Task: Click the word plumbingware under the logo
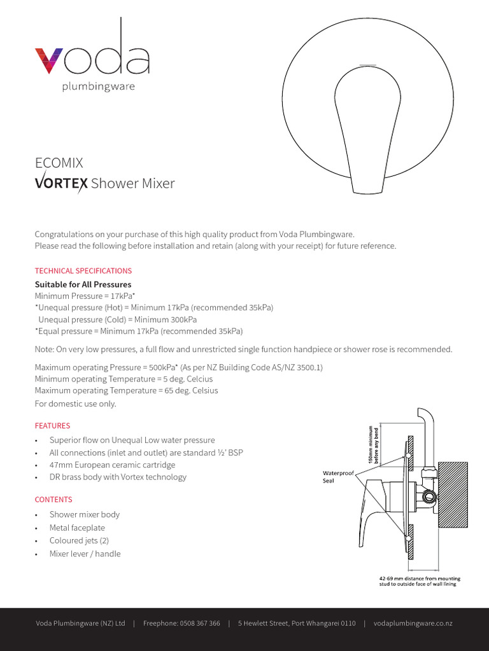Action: point(98,86)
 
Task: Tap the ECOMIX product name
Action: point(59,163)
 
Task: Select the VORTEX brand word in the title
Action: point(61,184)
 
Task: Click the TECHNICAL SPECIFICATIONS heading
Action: point(83,271)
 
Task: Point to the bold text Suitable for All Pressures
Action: point(83,284)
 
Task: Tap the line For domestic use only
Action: point(75,404)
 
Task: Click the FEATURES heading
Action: point(52,426)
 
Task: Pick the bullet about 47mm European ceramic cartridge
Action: point(112,465)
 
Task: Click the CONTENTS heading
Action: point(53,500)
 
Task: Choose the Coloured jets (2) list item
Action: point(80,541)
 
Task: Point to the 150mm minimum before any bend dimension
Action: point(371,444)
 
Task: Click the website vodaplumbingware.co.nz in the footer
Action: point(413,624)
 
